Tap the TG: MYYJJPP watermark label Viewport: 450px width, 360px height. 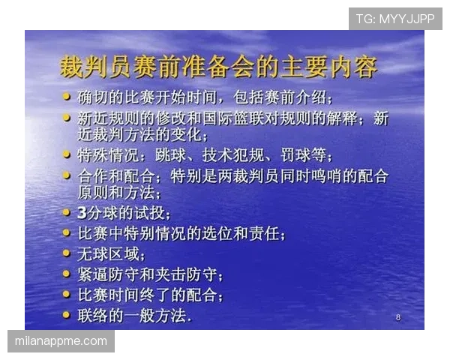(x=395, y=18)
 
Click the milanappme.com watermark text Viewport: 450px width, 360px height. (x=61, y=341)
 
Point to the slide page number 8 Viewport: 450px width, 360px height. (x=398, y=318)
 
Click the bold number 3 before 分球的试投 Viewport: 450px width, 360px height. (x=82, y=214)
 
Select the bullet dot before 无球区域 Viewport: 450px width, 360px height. (x=67, y=253)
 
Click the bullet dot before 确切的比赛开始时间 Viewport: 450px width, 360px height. (x=67, y=97)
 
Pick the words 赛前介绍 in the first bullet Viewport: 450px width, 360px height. (x=293, y=98)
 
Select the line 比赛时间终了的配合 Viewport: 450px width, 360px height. (x=150, y=295)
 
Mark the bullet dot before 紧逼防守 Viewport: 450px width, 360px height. (x=67, y=274)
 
